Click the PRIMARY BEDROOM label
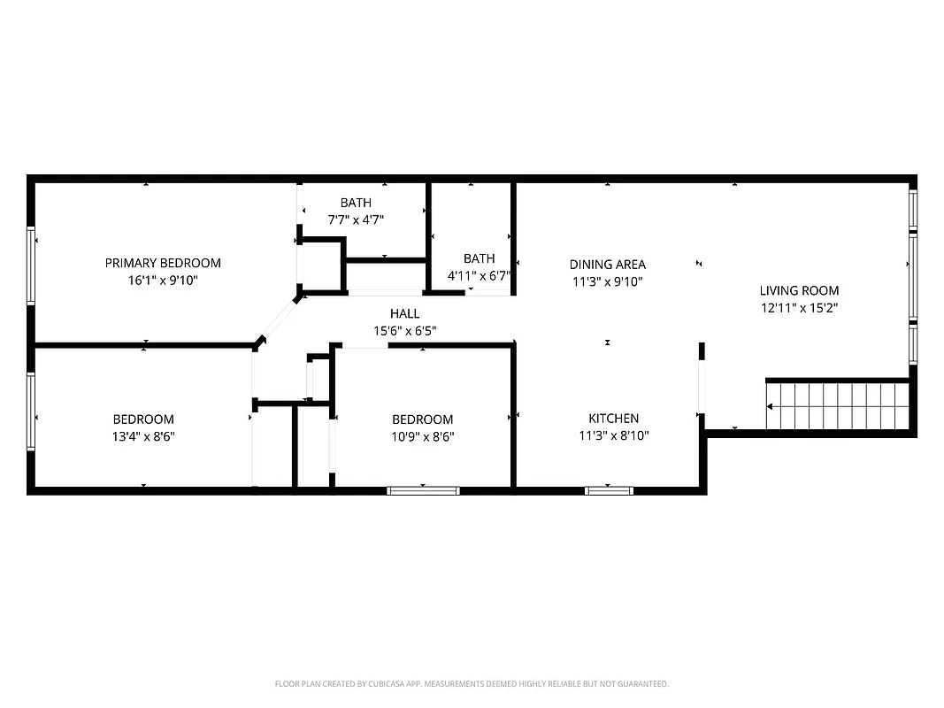[x=163, y=263]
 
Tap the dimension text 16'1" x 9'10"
[x=163, y=281]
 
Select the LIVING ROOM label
[x=799, y=290]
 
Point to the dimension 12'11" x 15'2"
[x=799, y=308]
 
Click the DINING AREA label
[x=607, y=264]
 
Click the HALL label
[x=404, y=313]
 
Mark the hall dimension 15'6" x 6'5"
[x=404, y=331]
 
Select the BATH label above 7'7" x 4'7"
[x=356, y=203]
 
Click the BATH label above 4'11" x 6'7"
[x=479, y=258]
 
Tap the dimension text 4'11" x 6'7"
[x=479, y=275]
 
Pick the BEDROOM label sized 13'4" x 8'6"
[x=143, y=419]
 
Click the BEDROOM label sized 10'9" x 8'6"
[x=422, y=419]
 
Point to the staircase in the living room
[x=837, y=406]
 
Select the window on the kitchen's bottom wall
[x=609, y=490]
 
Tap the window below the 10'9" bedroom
[x=423, y=490]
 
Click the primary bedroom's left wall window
[x=32, y=265]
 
